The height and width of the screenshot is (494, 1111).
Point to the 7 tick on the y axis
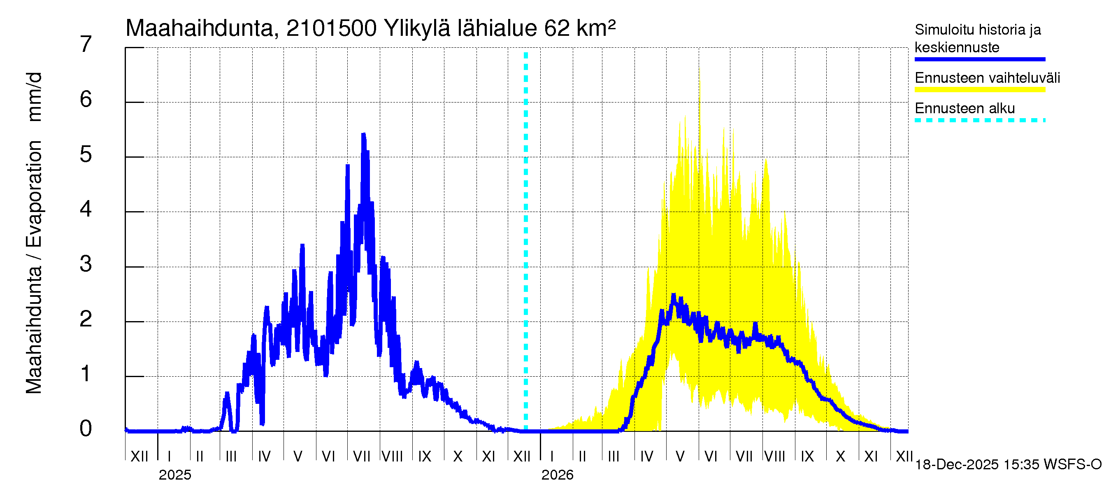pyautogui.click(x=86, y=44)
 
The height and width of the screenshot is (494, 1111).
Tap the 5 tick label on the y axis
pyautogui.click(x=86, y=154)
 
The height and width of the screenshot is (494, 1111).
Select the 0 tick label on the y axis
pyautogui.click(x=86, y=429)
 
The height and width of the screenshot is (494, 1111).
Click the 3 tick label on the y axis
pyautogui.click(x=86, y=264)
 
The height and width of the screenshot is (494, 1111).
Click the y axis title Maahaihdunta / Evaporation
pyautogui.click(x=34, y=233)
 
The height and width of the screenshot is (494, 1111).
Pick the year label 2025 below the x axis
pyautogui.click(x=174, y=475)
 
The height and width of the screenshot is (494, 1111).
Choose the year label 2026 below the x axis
pyautogui.click(x=557, y=475)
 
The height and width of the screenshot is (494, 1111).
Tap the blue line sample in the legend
pyautogui.click(x=979, y=59)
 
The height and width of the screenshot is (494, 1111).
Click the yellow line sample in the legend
pyautogui.click(x=979, y=90)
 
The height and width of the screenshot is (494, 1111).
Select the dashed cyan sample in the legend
pyautogui.click(x=979, y=120)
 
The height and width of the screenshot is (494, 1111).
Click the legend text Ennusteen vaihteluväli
pyautogui.click(x=987, y=78)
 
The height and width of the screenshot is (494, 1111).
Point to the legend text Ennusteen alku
pyautogui.click(x=965, y=108)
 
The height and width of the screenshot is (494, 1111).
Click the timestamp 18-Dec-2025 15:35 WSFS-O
pyautogui.click(x=1008, y=465)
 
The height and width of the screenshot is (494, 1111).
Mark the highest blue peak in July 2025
pyautogui.click(x=364, y=135)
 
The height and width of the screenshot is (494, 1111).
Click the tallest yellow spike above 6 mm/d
pyautogui.click(x=699, y=69)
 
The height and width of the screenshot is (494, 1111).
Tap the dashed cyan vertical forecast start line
pyautogui.click(x=526, y=242)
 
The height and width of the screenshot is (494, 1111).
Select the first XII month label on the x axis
pyautogui.click(x=139, y=457)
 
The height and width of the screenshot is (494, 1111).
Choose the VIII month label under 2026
pyautogui.click(x=774, y=457)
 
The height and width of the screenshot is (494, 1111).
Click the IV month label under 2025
pyautogui.click(x=264, y=457)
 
